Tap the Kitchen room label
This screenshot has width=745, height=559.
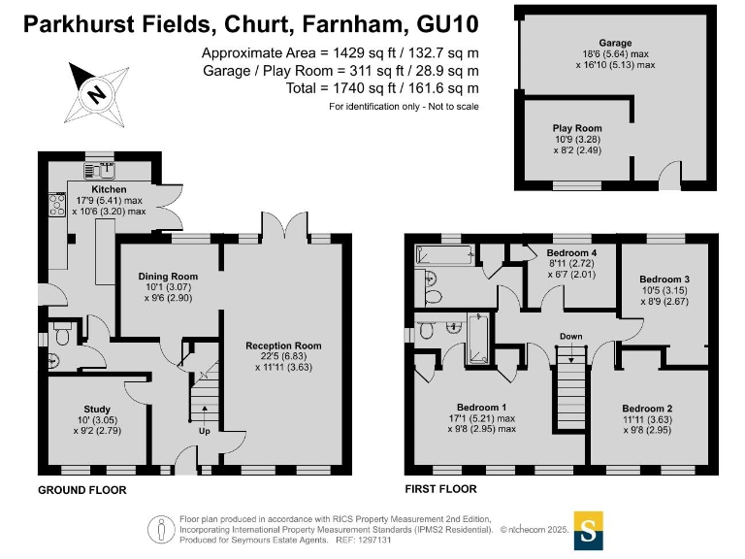click(109, 189)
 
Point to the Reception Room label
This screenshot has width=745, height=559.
click(283, 345)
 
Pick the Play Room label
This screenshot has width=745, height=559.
click(577, 128)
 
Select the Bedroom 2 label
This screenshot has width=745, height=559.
click(647, 408)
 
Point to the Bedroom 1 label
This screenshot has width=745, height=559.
click(482, 407)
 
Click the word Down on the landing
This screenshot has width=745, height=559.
click(570, 337)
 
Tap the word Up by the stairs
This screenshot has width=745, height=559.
click(203, 431)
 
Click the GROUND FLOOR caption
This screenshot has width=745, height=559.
click(81, 491)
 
